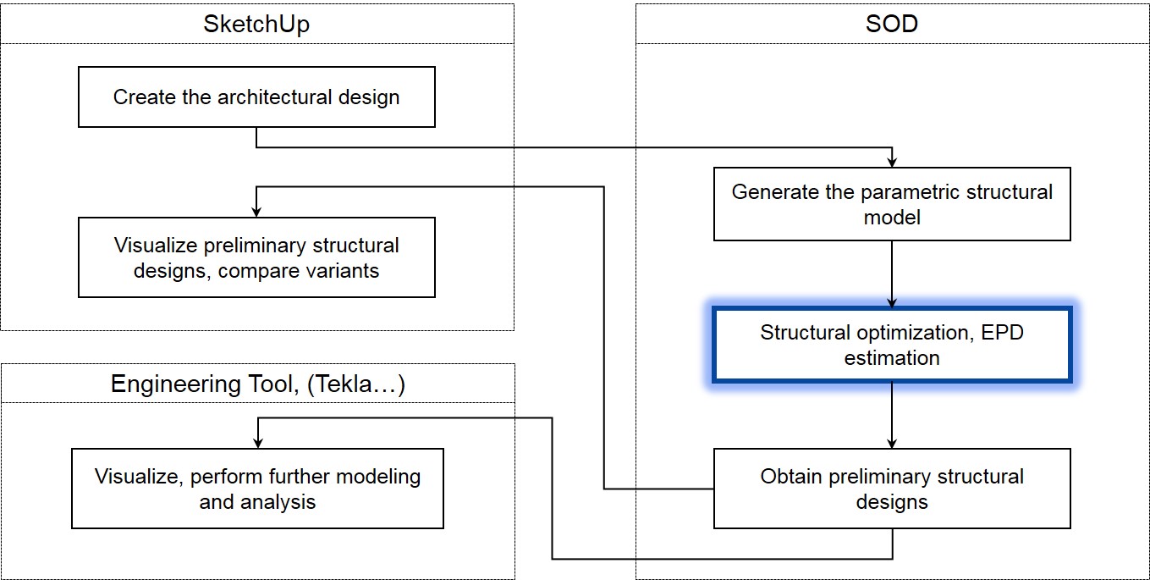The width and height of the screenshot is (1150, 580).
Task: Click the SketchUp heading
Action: pos(256,25)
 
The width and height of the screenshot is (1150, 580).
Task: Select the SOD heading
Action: pos(892,24)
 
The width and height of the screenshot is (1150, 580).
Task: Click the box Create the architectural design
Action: pos(256,97)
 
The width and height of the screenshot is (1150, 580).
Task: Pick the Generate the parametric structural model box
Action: pos(892,204)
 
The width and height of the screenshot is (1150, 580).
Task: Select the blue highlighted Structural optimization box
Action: pos(892,345)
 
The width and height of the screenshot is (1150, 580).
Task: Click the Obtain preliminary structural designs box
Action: pos(892,489)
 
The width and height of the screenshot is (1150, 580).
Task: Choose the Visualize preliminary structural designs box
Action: pos(256,257)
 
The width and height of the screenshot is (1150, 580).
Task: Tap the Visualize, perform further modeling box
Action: pos(258,489)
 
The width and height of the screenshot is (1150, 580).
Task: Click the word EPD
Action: pos(1002,333)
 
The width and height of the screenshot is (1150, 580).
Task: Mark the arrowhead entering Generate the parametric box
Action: pos(892,163)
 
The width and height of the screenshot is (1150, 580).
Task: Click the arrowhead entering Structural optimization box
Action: pos(892,302)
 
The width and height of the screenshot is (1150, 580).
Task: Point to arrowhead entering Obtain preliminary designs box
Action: pos(892,444)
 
